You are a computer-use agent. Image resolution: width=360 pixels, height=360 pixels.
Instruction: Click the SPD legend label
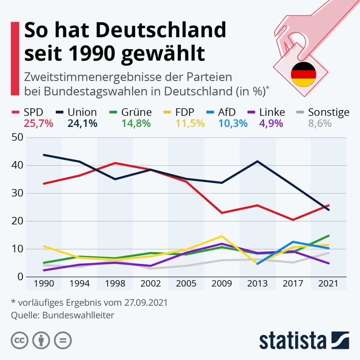point(33,112)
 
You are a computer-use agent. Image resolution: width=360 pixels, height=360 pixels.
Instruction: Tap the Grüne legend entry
point(136,112)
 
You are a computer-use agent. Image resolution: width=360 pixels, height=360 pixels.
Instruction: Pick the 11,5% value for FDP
point(190,123)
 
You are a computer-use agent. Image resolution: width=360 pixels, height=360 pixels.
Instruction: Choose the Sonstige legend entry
point(328,112)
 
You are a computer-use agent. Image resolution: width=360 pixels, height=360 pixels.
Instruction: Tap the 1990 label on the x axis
point(44,283)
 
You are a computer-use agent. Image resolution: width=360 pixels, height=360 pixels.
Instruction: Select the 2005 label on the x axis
point(186,283)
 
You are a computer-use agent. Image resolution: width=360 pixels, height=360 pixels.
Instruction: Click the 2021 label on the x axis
point(328,283)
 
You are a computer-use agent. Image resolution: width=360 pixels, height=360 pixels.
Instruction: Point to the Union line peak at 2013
point(258,161)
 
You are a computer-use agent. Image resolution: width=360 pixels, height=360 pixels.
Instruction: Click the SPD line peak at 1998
point(115,163)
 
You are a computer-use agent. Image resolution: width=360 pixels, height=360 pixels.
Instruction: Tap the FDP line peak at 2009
point(222,236)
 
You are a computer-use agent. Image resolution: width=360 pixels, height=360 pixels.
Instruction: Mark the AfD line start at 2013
point(258,264)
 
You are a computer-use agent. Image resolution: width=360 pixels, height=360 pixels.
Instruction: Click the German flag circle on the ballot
point(303,74)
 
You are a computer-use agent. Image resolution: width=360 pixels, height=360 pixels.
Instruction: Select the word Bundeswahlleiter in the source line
point(78,315)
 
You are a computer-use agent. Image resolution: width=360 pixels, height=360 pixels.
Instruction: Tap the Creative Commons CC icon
point(20,340)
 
